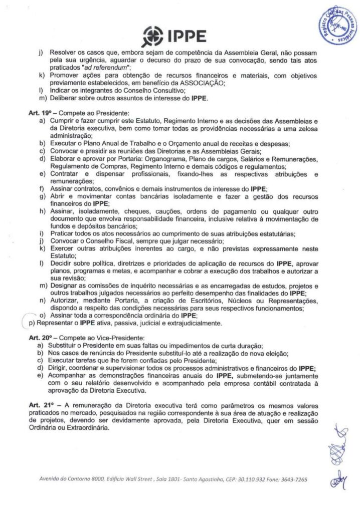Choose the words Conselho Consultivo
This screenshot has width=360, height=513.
tap(132, 90)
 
